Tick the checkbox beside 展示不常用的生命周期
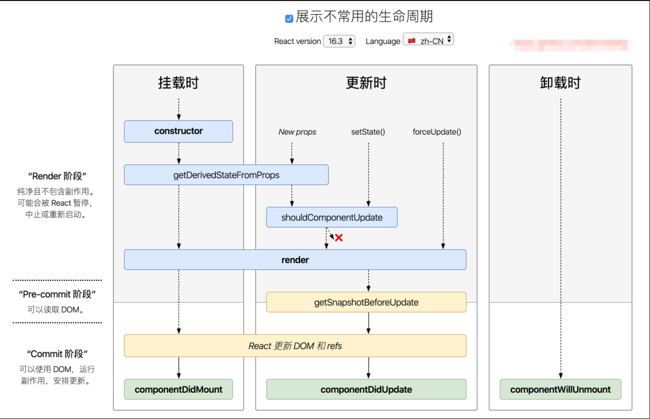click(289, 19)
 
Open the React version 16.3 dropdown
click(339, 41)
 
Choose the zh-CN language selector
click(429, 41)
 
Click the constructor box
click(178, 131)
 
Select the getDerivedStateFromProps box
click(226, 175)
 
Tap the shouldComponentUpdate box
click(332, 217)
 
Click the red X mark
click(339, 238)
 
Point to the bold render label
click(295, 260)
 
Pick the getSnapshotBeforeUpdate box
click(366, 302)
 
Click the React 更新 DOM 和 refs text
click(295, 346)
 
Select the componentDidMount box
click(178, 389)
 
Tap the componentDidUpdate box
click(366, 389)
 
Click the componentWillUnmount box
click(560, 389)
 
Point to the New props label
click(297, 132)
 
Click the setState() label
click(368, 132)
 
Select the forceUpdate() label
click(437, 132)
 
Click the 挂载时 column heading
click(178, 83)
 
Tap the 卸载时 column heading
click(560, 83)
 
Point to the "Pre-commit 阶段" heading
click(57, 295)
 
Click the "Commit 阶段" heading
click(57, 354)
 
